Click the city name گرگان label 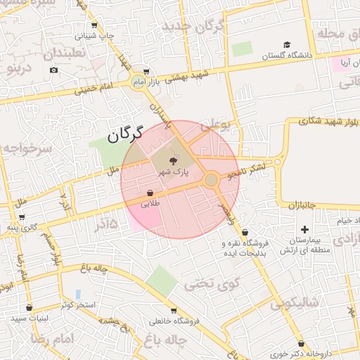[x=125, y=134]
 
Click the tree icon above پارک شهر [x=173, y=161]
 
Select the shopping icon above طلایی [x=150, y=193]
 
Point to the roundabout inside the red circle [x=211, y=180]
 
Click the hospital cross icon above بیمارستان [x=304, y=229]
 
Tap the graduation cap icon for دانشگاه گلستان [x=287, y=44]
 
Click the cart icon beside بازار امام [x=146, y=72]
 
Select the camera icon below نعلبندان [x=54, y=70]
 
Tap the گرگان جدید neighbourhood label [x=192, y=27]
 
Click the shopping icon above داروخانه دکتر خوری [x=301, y=344]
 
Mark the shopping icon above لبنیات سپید [x=29, y=307]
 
